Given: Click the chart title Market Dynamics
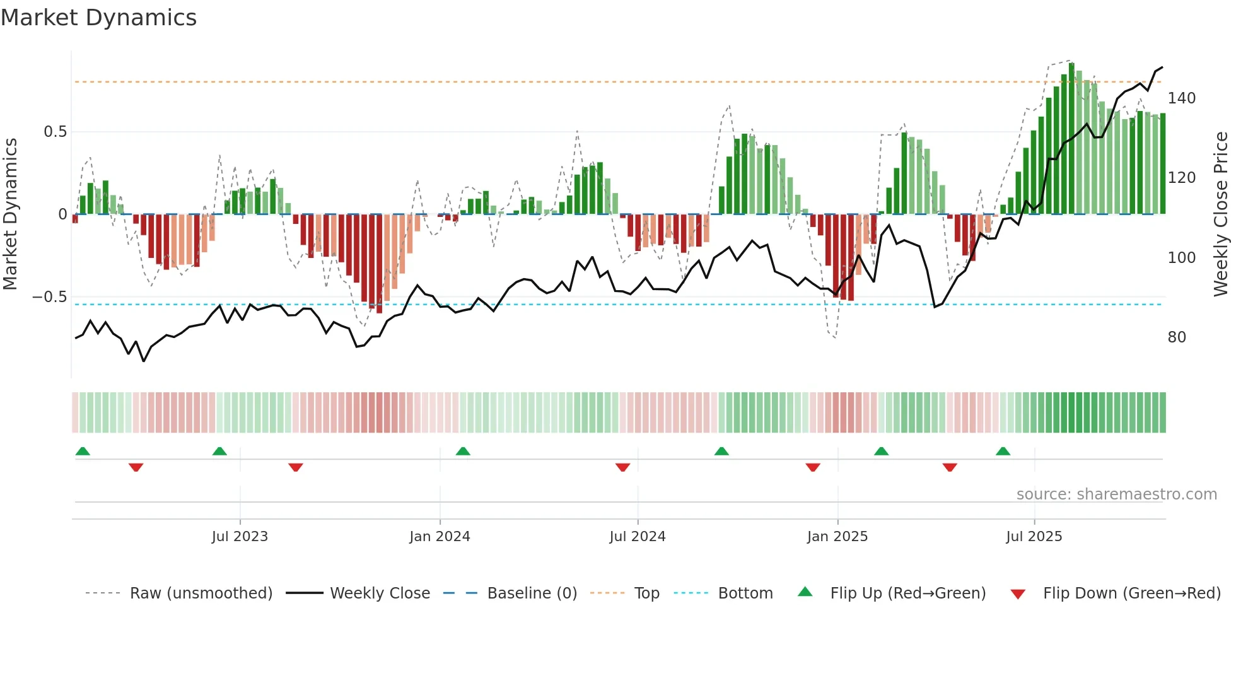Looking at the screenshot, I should (98, 18).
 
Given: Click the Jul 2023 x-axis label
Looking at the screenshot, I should (240, 537).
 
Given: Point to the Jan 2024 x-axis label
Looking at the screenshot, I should (440, 537).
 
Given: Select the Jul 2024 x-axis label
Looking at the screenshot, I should (638, 537).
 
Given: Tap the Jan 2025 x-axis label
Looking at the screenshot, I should (837, 537).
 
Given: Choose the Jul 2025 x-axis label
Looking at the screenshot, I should (1034, 537).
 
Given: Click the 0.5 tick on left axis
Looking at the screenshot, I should (55, 132).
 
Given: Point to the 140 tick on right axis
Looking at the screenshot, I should (1181, 98).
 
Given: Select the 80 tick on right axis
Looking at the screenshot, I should (1177, 337).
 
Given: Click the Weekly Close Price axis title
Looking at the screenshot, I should (1221, 214).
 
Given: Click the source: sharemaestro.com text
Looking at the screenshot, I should (1116, 494).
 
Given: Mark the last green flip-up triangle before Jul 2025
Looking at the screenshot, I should (1003, 451).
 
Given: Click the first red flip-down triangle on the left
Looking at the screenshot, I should (136, 467).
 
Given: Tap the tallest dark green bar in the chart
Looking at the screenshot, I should (1071, 139).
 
